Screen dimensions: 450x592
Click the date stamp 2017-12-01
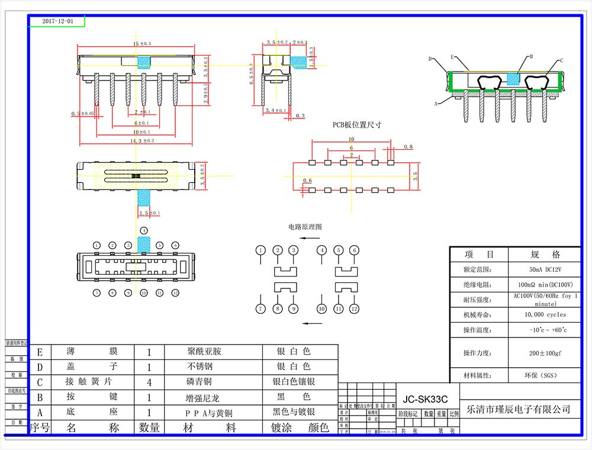[x=58, y=21]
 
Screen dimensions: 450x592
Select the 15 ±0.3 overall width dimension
[x=142, y=44]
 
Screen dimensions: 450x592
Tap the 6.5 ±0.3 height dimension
[x=251, y=74]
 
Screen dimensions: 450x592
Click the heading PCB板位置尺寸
[x=356, y=125]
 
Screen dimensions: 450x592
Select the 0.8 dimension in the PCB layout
[x=408, y=146]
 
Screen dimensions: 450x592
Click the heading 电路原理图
[x=305, y=227]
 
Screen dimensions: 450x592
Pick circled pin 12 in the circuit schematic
[x=354, y=308]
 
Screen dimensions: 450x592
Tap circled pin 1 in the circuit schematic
[x=260, y=250]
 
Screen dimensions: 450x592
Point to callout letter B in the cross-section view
[x=531, y=56]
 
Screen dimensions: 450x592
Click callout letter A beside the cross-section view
[x=436, y=103]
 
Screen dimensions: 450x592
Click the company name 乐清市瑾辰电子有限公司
[x=519, y=409]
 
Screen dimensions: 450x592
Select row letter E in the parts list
[x=40, y=352]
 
